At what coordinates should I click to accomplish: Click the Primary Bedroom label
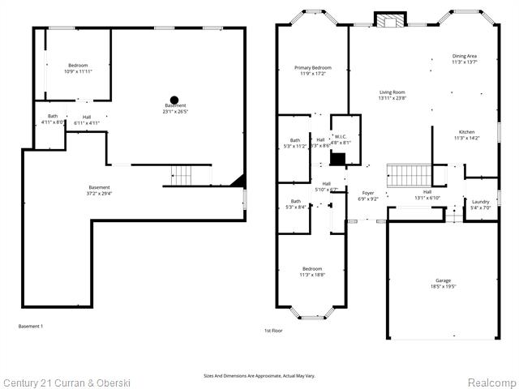(x=312, y=68)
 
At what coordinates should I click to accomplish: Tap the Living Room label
(x=392, y=92)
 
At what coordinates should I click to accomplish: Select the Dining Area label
(x=465, y=56)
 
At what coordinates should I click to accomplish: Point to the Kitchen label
(x=466, y=132)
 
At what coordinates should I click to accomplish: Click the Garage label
(x=443, y=281)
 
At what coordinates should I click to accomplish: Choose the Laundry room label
(x=480, y=202)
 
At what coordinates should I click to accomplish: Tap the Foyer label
(x=368, y=193)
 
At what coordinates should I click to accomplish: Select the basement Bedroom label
(x=78, y=65)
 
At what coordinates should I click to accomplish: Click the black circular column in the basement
(x=174, y=100)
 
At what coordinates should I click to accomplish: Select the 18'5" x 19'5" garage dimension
(x=443, y=287)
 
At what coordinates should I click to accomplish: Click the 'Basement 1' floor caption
(x=30, y=326)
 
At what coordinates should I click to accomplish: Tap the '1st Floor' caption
(x=273, y=331)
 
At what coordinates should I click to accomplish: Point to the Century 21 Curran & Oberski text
(x=66, y=382)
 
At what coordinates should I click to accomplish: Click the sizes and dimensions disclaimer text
(x=259, y=375)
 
